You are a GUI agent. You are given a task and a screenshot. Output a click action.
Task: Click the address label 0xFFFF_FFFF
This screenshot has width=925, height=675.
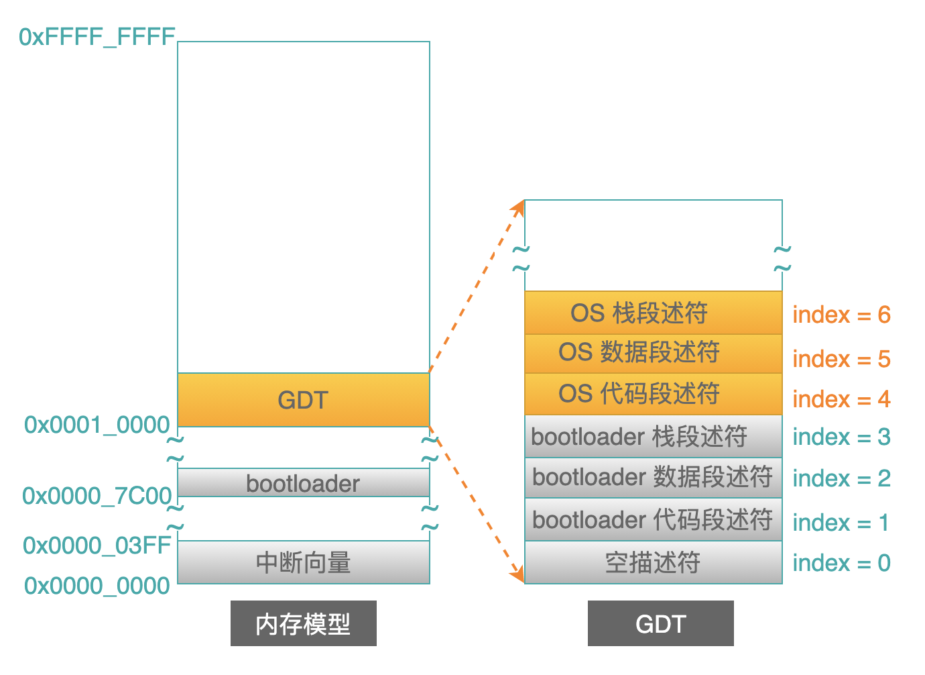[97, 37]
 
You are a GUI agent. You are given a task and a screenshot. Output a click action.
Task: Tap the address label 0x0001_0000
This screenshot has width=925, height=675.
[97, 425]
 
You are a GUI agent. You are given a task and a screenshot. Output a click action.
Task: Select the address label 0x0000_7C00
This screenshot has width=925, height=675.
[97, 496]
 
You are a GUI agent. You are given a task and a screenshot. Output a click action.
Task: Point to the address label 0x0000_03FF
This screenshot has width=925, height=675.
[97, 546]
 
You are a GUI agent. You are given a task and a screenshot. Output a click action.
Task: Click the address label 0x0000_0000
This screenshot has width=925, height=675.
[97, 586]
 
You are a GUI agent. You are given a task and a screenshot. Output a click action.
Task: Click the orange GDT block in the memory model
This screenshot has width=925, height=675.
[304, 400]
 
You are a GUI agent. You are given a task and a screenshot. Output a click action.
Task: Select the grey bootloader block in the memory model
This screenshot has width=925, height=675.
[304, 483]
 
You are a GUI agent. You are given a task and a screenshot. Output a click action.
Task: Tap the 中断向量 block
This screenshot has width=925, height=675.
[304, 562]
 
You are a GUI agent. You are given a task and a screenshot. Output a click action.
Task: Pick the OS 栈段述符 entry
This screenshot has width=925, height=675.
[654, 313]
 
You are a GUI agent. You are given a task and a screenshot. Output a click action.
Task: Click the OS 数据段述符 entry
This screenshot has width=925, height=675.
[654, 354]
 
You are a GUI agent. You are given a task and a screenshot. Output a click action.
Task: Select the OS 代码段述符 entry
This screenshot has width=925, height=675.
[654, 395]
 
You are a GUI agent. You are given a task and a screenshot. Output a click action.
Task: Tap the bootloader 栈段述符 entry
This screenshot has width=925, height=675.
[654, 437]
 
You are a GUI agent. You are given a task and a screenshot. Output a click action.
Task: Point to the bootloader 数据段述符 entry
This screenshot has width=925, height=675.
[654, 478]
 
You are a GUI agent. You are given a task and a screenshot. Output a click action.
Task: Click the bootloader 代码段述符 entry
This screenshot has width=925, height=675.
[654, 520]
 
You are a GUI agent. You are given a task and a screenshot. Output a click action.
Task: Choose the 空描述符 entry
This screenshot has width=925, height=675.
[654, 562]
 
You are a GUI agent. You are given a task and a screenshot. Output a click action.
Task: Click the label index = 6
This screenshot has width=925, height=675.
[842, 315]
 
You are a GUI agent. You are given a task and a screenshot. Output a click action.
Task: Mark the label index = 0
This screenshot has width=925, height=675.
[842, 563]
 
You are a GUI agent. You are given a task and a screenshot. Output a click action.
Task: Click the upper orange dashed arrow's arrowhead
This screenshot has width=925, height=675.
[519, 207]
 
